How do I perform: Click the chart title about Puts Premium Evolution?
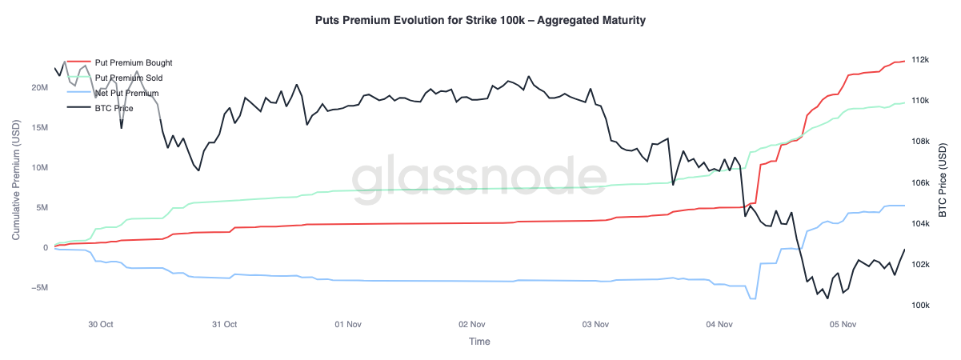480,20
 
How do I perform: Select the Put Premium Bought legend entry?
133,62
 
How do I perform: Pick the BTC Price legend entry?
114,108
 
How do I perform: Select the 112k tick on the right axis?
919,60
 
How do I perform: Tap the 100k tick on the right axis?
919,306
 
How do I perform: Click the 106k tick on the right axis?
919,183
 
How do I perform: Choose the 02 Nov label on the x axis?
472,325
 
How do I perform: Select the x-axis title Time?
480,342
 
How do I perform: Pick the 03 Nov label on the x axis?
596,325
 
